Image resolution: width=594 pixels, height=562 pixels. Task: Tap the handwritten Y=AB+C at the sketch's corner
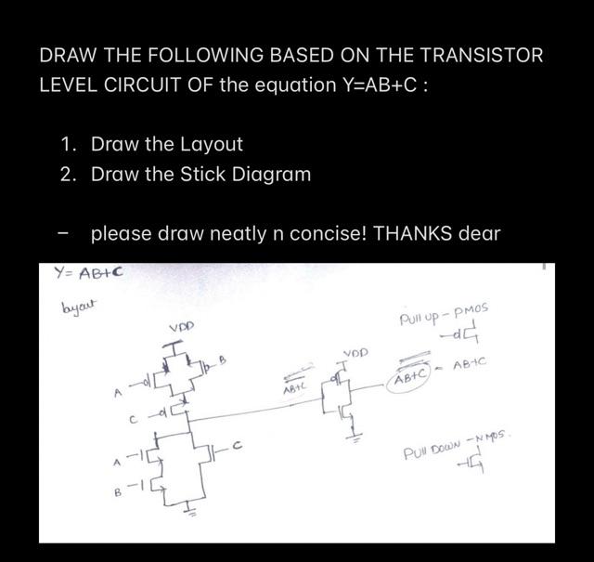coord(89,274)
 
